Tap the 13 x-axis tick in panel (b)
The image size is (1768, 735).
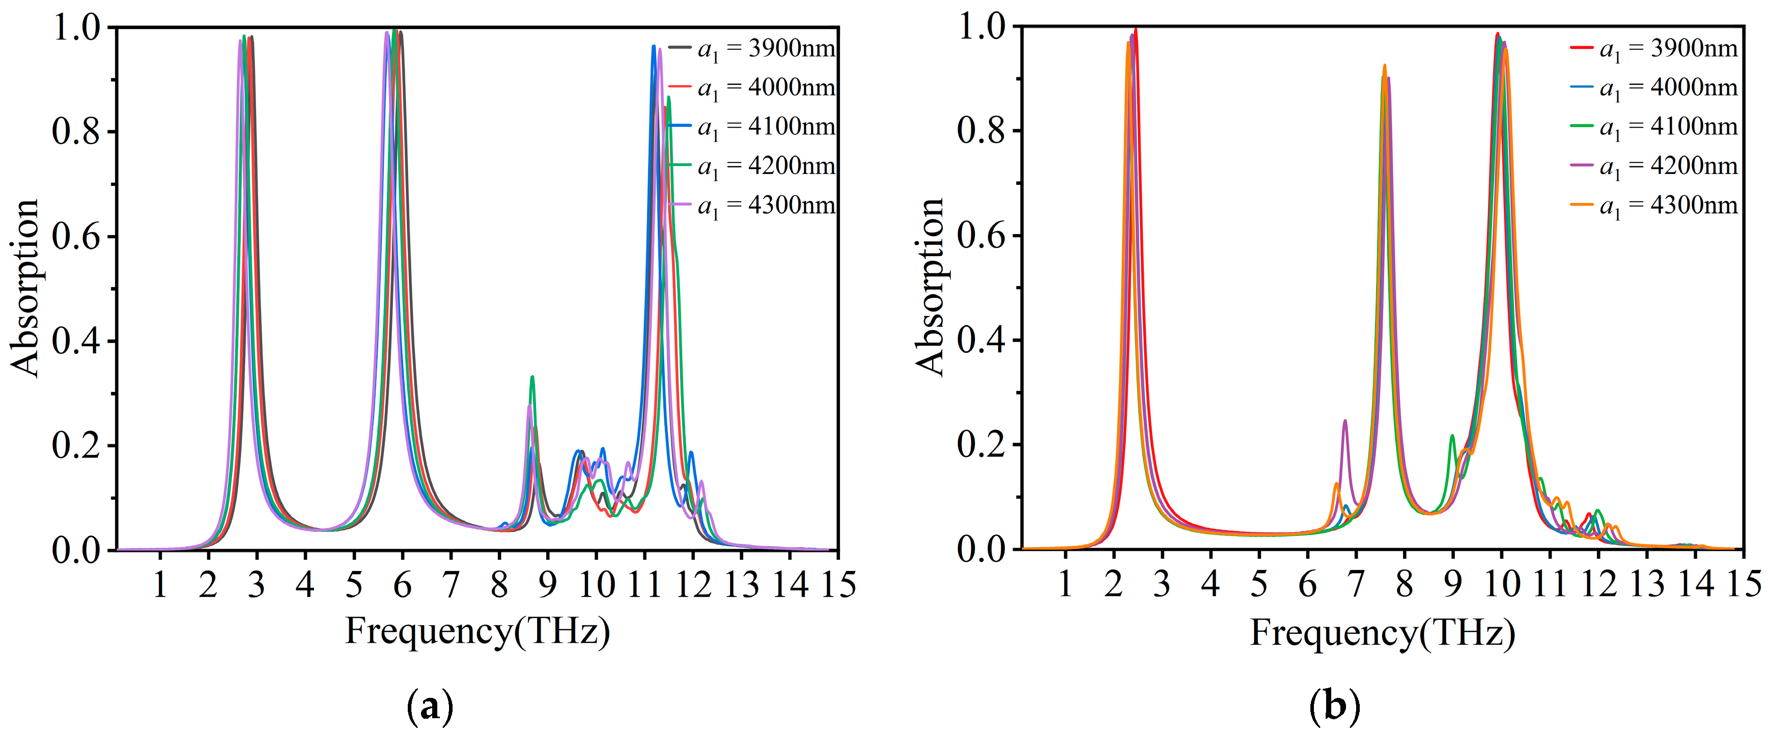(x=1647, y=585)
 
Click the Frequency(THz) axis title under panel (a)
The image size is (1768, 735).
(x=477, y=631)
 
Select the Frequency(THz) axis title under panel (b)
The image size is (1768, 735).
(x=1382, y=631)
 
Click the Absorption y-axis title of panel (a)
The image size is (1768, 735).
(x=26, y=288)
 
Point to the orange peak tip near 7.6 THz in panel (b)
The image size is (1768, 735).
(x=1384, y=66)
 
